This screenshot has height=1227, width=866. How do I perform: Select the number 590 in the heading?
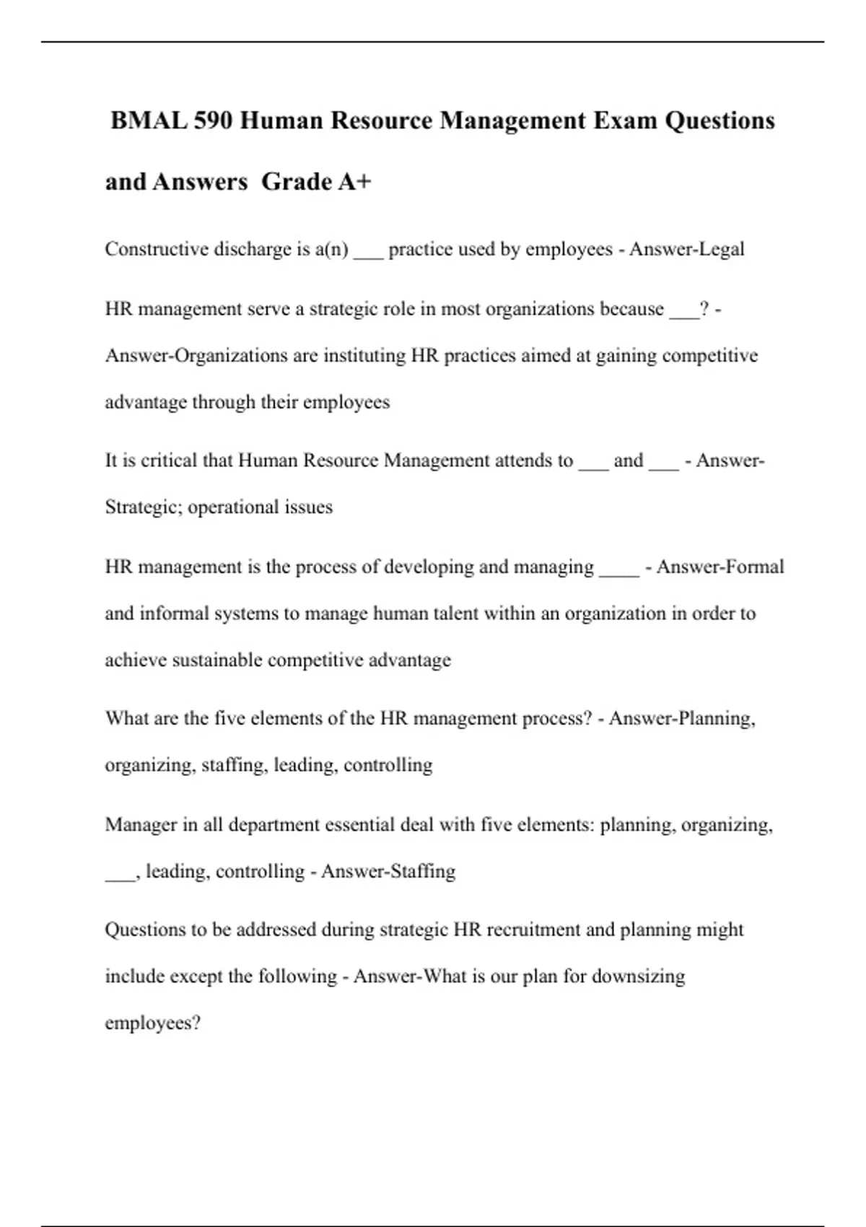[214, 121]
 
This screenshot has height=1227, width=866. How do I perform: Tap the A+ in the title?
[354, 182]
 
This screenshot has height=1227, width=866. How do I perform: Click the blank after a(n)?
[368, 253]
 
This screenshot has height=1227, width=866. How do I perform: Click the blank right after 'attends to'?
[594, 465]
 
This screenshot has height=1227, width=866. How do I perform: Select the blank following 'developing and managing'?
[619, 571]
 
